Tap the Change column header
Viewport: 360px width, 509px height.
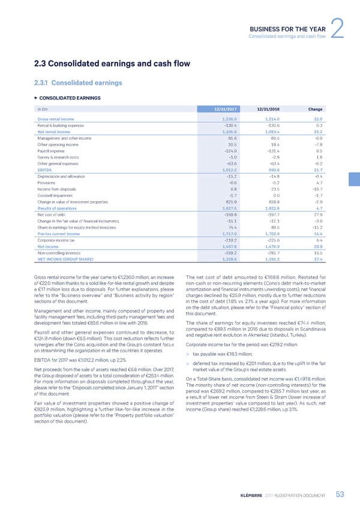click(314, 109)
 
